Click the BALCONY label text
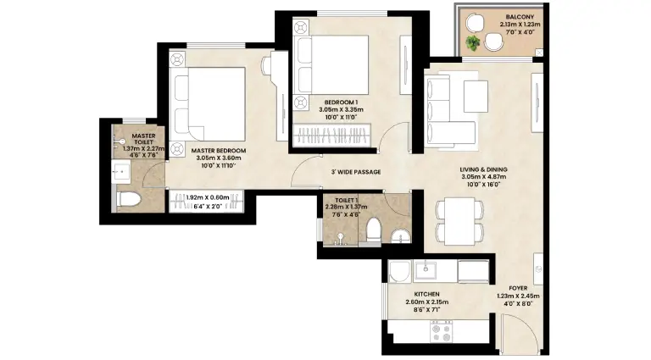pyautogui.click(x=520, y=17)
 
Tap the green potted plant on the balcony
pyautogui.click(x=472, y=43)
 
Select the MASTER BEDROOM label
pyautogui.click(x=219, y=151)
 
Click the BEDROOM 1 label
pyautogui.click(x=341, y=102)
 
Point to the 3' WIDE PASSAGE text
pyautogui.click(x=356, y=172)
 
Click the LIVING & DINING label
pyautogui.click(x=483, y=169)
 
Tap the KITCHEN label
pyautogui.click(x=427, y=294)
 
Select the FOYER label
pyautogui.click(x=518, y=288)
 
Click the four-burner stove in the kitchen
pyautogui.click(x=442, y=332)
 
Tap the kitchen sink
pyautogui.click(x=426, y=270)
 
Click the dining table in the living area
pyautogui.click(x=459, y=221)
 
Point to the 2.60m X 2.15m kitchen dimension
pyautogui.click(x=427, y=302)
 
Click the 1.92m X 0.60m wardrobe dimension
pyautogui.click(x=208, y=197)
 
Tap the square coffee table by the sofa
pyautogui.click(x=476, y=97)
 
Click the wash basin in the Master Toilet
pyautogui.click(x=122, y=171)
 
